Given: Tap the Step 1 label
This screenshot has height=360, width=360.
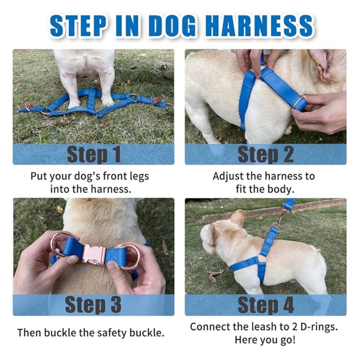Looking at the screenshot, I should tap(93, 154).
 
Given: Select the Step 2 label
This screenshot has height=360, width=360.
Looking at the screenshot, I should tap(265, 154).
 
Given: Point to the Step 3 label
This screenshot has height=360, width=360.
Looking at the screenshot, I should tap(93, 305).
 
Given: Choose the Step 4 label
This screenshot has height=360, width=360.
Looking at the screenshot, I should tap(265, 305).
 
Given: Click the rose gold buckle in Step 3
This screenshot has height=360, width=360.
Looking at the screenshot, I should tap(96, 255).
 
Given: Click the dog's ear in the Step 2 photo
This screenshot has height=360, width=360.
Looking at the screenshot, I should tap(328, 65).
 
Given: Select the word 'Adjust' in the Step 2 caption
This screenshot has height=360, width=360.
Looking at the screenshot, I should tap(229, 176).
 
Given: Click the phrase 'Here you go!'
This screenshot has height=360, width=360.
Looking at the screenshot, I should tap(265, 340).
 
